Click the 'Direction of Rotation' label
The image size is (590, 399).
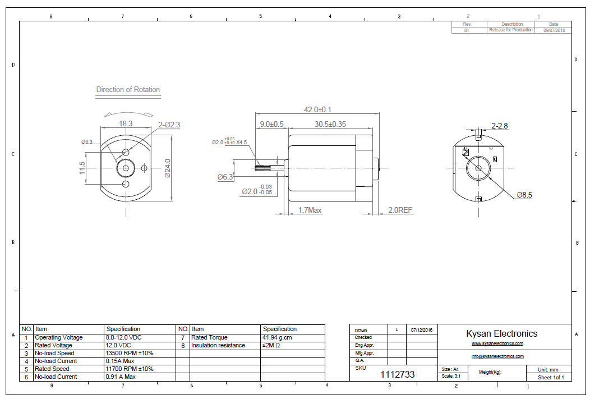[x=128, y=89]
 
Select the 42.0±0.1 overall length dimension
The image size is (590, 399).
[x=317, y=109]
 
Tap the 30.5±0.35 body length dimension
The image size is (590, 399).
[x=330, y=124]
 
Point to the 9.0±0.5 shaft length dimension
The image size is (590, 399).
[x=271, y=124]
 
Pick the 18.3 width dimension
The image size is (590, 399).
[x=126, y=123]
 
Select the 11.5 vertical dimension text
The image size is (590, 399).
[x=82, y=168]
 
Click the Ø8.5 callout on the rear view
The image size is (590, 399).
[x=524, y=195]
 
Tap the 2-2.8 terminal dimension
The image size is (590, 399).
[x=499, y=126]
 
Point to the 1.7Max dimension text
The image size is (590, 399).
[x=310, y=210]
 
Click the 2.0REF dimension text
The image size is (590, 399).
[x=400, y=210]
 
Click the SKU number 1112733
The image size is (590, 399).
[x=398, y=374]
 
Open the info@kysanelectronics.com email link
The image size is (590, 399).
[x=497, y=356]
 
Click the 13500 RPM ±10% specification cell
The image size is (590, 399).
[x=129, y=354]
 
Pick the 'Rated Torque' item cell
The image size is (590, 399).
[x=209, y=338]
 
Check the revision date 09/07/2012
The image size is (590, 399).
[x=554, y=30]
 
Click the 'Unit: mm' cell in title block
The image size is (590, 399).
[x=548, y=370]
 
